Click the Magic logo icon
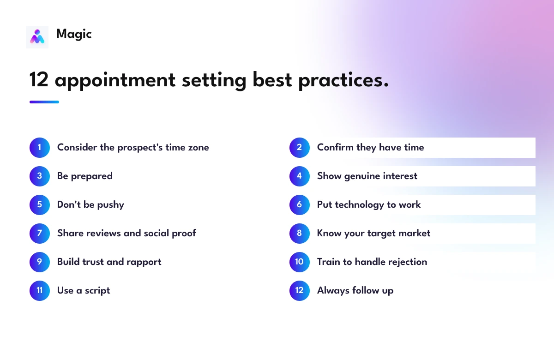37,37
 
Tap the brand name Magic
74,34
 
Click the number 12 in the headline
39,79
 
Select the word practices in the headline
343,81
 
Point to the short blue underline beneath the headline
44,102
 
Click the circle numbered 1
40,148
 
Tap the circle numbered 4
300,176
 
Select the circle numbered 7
40,234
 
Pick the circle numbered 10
300,262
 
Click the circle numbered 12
300,290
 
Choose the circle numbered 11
40,290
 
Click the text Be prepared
85,176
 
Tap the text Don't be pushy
90,205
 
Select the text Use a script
84,291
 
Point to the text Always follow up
355,291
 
